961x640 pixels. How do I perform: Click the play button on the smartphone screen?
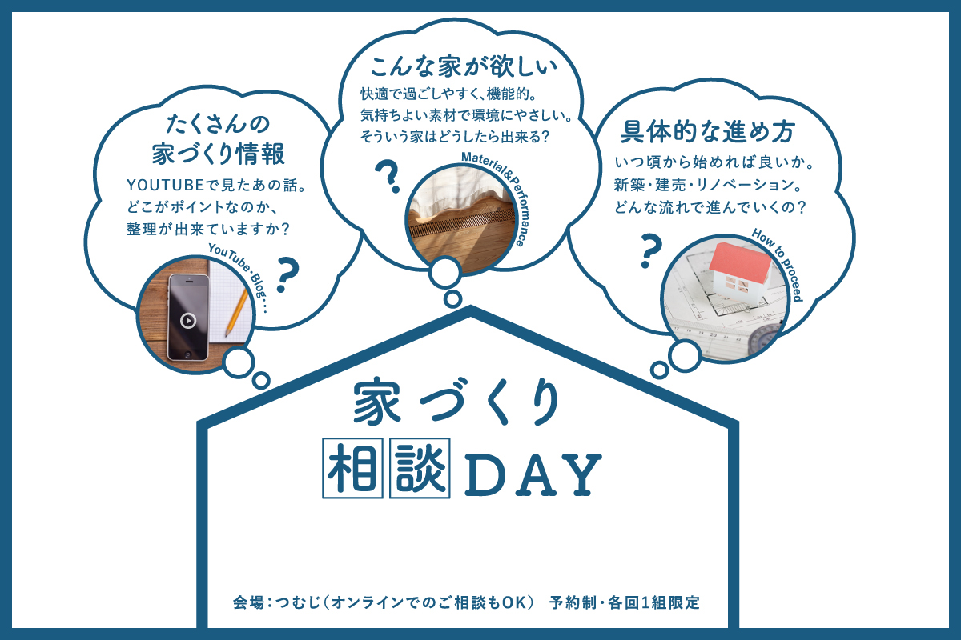tap(187, 321)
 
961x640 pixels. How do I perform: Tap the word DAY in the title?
tap(532, 475)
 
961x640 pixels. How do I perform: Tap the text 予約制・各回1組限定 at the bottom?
tap(625, 602)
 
